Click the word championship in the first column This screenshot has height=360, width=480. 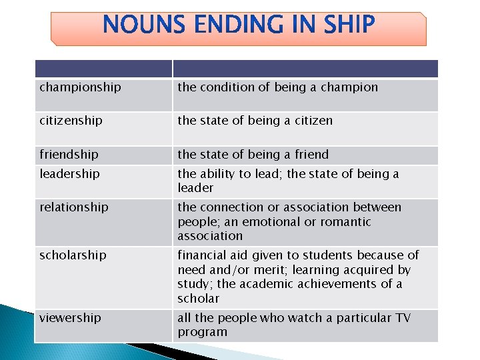point(80,87)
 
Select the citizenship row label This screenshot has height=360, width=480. point(71,121)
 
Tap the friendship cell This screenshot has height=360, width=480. point(69,154)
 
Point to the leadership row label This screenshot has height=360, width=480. point(69,173)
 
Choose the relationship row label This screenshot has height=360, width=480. point(73,207)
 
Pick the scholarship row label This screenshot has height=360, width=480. point(73,255)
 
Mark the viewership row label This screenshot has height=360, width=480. point(70,317)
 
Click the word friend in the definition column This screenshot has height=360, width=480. point(310,154)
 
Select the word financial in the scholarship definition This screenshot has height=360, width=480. point(202,255)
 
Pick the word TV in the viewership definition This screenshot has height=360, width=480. point(403,317)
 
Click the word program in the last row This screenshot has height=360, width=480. point(202,332)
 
